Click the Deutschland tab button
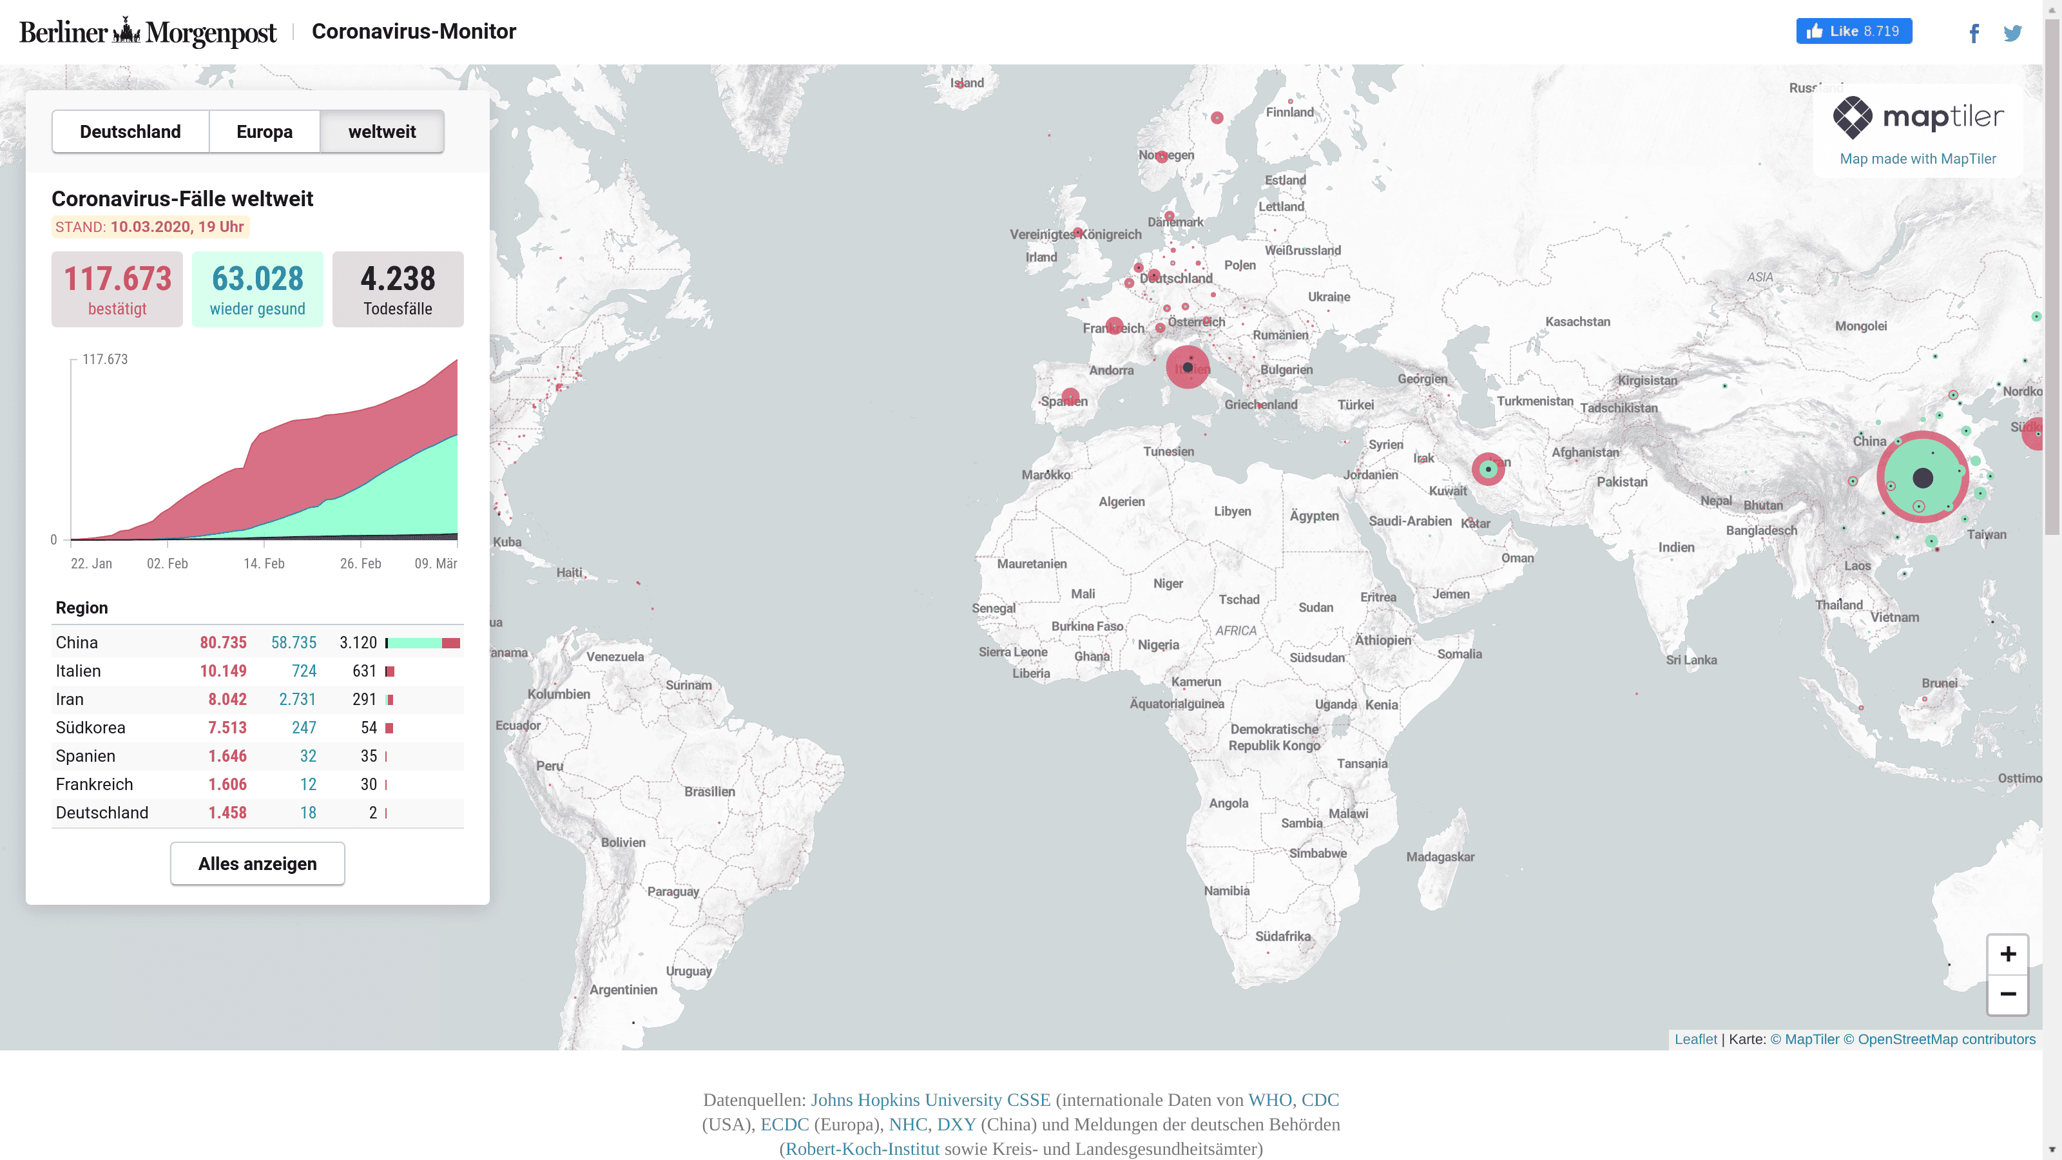pyautogui.click(x=130, y=131)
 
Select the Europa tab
pyautogui.click(x=264, y=131)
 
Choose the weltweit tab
pyautogui.click(x=382, y=131)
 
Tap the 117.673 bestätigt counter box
pyautogui.click(x=117, y=289)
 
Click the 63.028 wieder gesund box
pyautogui.click(x=257, y=289)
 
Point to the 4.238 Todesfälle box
pyautogui.click(x=398, y=289)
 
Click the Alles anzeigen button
pyautogui.click(x=257, y=864)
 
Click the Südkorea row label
pyautogui.click(x=90, y=728)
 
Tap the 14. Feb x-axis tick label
pyautogui.click(x=264, y=564)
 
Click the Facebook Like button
pyautogui.click(x=1853, y=31)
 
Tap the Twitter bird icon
pyautogui.click(x=2012, y=33)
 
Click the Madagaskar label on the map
pyautogui.click(x=1440, y=856)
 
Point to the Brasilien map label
pyautogui.click(x=709, y=792)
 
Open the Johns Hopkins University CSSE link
pyautogui.click(x=930, y=1100)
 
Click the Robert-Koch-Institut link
pyautogui.click(x=862, y=1149)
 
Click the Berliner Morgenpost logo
pyautogui.click(x=148, y=32)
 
